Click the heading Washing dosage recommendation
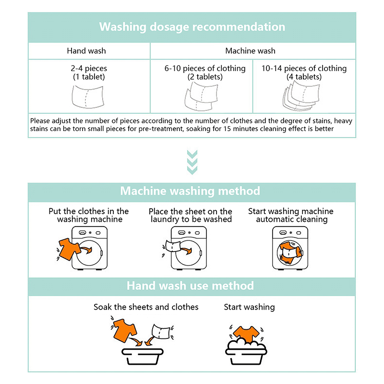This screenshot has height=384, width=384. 192,26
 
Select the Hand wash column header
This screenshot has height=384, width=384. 86,50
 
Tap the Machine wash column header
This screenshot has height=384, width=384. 251,50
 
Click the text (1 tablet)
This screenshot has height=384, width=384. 89,77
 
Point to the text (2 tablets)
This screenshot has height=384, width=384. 205,77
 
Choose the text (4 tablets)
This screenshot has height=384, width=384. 304,77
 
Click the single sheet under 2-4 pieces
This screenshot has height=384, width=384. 88,96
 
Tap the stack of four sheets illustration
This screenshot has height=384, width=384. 301,96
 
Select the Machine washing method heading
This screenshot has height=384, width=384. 190,191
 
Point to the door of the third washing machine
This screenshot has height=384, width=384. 290,252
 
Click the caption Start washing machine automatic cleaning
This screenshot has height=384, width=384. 291,215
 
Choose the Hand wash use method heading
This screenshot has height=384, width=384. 190,286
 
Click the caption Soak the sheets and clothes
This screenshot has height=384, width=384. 146,307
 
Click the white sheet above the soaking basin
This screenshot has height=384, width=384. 161,331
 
